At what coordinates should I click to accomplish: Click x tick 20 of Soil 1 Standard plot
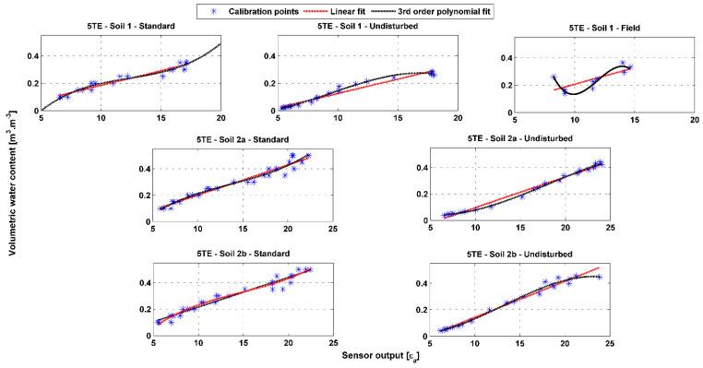pyautogui.click(x=221, y=118)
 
